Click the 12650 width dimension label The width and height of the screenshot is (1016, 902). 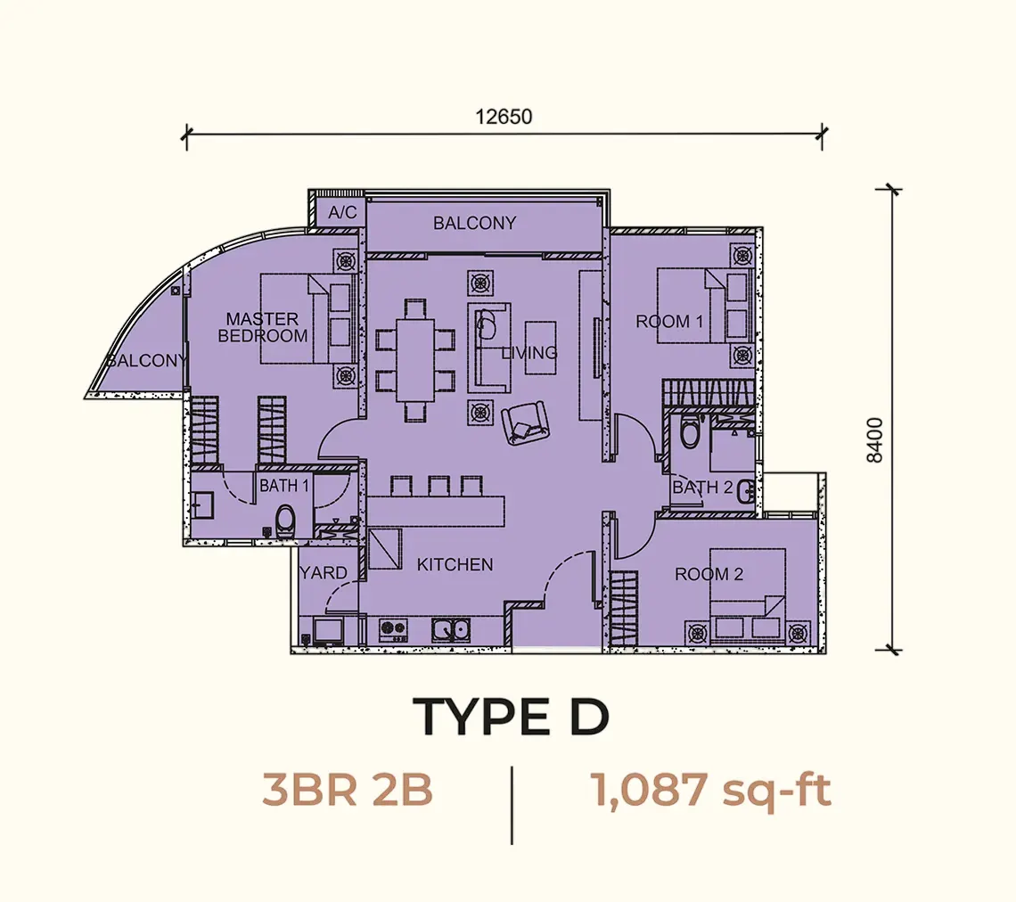coord(504,117)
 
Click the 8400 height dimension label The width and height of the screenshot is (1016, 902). coord(874,440)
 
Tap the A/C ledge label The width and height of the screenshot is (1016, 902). coord(342,212)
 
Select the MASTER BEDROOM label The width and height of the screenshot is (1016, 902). coord(262,327)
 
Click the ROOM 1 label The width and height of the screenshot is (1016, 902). coord(668,322)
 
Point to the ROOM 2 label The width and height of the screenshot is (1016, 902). coord(709,574)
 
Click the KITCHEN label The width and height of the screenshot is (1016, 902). coord(455,565)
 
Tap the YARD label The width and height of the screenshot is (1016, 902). coord(324,573)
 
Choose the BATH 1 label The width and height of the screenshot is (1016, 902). coord(283,486)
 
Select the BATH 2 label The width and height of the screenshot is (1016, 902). coord(702,488)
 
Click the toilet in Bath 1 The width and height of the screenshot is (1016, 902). coord(284,521)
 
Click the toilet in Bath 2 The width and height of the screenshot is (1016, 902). coord(690,430)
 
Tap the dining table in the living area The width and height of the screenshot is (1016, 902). coord(415,360)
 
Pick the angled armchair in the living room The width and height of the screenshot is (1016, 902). coord(525,423)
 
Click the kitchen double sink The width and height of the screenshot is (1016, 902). coord(452,629)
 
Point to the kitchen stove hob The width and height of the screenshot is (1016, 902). coord(393,630)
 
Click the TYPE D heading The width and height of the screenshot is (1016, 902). coord(512,717)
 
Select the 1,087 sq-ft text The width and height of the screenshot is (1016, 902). coord(711,791)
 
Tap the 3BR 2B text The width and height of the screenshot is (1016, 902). coord(348,791)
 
